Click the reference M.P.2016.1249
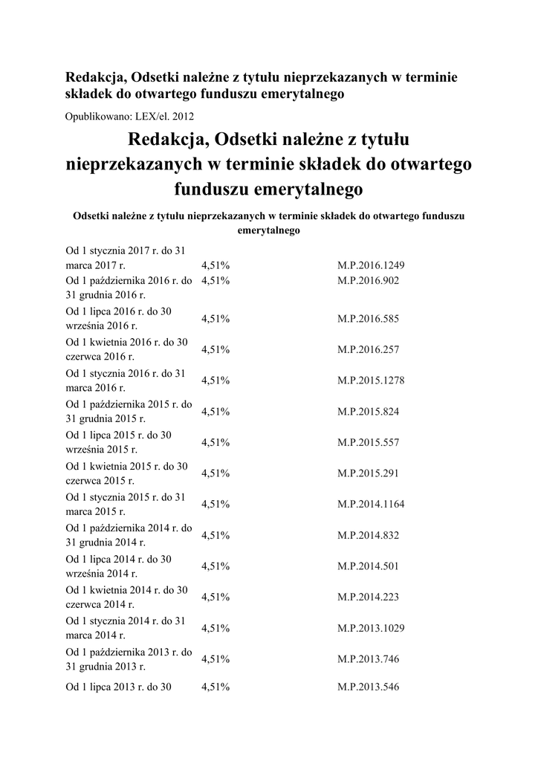pyautogui.click(x=371, y=265)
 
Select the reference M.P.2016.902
pyautogui.click(x=368, y=281)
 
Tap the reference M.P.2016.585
pyautogui.click(x=368, y=319)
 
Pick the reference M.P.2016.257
pyautogui.click(x=368, y=349)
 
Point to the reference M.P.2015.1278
pyautogui.click(x=371, y=380)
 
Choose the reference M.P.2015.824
pyautogui.click(x=368, y=411)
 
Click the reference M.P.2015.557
pyautogui.click(x=368, y=442)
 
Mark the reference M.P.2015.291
pyautogui.click(x=368, y=473)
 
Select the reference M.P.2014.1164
pyautogui.click(x=371, y=504)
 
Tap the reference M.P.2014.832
pyautogui.click(x=368, y=534)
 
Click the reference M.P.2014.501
pyautogui.click(x=368, y=566)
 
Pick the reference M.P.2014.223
pyautogui.click(x=368, y=596)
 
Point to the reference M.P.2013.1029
pyautogui.click(x=371, y=627)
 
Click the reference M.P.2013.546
pyautogui.click(x=368, y=687)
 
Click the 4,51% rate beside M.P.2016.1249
pyautogui.click(x=215, y=265)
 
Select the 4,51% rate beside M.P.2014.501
pyautogui.click(x=215, y=566)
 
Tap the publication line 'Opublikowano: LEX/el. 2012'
pyautogui.click(x=130, y=116)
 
